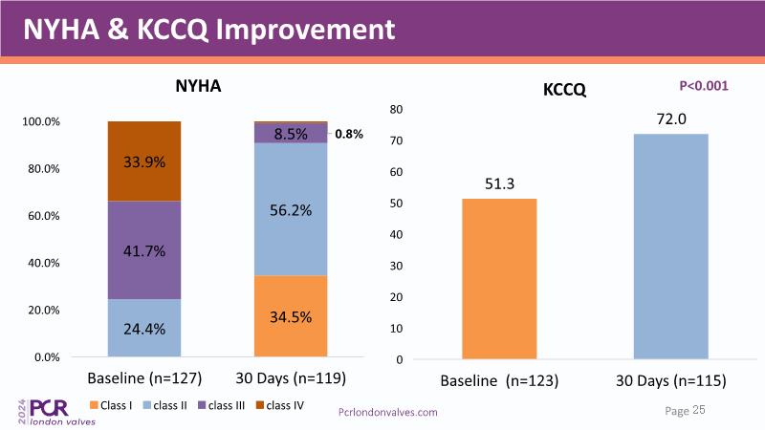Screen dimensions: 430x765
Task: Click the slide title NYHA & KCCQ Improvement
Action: tap(208, 29)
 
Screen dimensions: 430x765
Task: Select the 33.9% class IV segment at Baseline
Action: tap(144, 161)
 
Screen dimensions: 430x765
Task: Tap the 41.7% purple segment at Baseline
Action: tap(144, 250)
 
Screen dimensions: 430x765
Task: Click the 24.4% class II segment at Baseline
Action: tap(144, 328)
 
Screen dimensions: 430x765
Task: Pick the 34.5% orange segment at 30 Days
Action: tap(291, 315)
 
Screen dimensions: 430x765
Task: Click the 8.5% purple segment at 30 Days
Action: tap(291, 134)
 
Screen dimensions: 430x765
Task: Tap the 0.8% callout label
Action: tap(349, 135)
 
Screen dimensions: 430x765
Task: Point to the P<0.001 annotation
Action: tap(704, 86)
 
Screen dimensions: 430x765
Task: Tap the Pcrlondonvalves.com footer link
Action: tap(389, 411)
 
